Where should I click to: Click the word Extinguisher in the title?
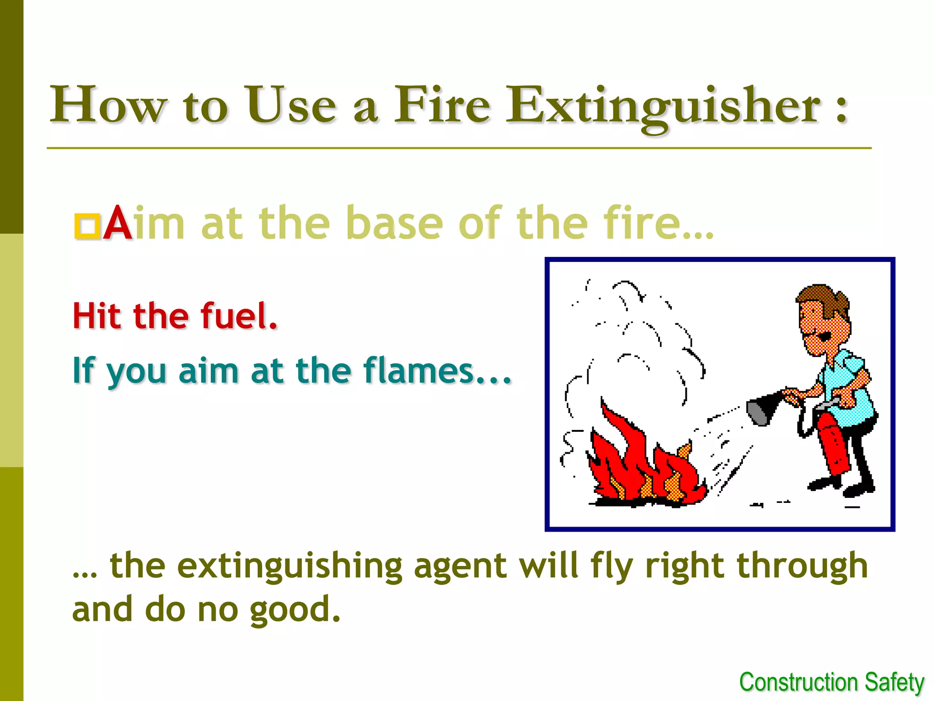tap(664, 106)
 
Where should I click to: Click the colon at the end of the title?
tap(842, 110)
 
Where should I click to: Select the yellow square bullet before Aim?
tap(87, 225)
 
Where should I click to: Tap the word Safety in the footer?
tap(894, 683)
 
